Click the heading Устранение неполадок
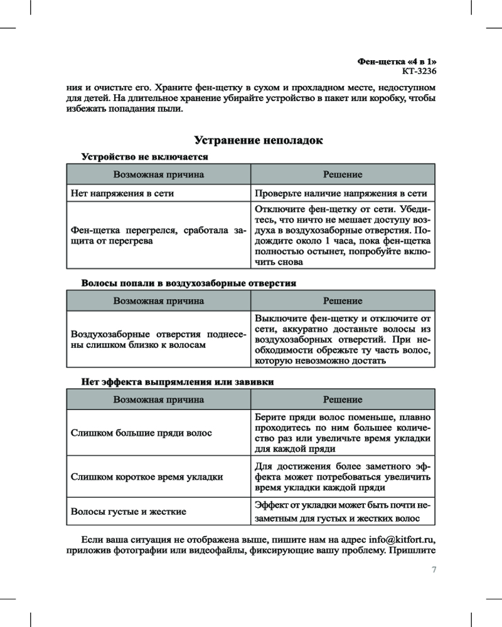[259, 140]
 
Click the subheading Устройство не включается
[144, 156]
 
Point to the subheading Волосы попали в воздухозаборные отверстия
[188, 283]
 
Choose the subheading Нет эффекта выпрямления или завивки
[178, 382]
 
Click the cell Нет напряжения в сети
[123, 194]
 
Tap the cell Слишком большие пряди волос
[141, 433]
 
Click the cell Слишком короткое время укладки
[147, 477]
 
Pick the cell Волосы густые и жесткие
[129, 512]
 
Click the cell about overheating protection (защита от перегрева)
[158, 236]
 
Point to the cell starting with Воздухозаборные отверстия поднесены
[158, 340]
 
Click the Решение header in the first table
[343, 174]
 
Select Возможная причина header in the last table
[158, 399]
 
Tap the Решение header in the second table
[343, 301]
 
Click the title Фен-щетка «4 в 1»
[397, 61]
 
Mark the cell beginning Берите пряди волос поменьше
[343, 433]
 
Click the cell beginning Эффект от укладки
[343, 512]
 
